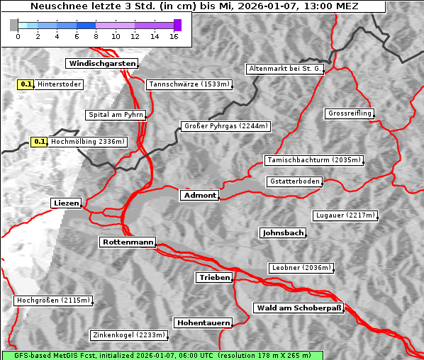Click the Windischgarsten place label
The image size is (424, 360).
(x=101, y=64)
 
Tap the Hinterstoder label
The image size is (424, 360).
(x=60, y=84)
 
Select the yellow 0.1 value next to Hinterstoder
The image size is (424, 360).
(x=26, y=84)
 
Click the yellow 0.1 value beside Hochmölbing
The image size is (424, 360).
(x=39, y=142)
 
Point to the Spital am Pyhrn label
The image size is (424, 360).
(x=116, y=115)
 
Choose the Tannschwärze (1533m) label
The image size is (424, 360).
(x=189, y=84)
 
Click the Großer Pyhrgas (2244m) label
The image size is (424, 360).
(x=225, y=126)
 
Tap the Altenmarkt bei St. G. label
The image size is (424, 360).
(x=285, y=69)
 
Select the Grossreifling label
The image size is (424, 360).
(x=350, y=113)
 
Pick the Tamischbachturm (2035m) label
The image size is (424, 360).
(x=313, y=160)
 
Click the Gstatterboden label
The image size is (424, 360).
(x=294, y=181)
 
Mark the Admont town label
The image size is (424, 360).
(x=200, y=195)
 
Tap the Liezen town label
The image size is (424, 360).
(x=66, y=203)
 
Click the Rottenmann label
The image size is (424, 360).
(x=128, y=242)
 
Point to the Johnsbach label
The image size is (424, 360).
(x=283, y=232)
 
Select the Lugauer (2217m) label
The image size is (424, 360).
(x=345, y=215)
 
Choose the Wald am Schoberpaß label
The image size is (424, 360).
(x=298, y=308)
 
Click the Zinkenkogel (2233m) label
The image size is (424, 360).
(x=128, y=335)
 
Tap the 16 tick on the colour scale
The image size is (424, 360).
(x=174, y=35)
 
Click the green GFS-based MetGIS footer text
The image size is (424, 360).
(x=162, y=355)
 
